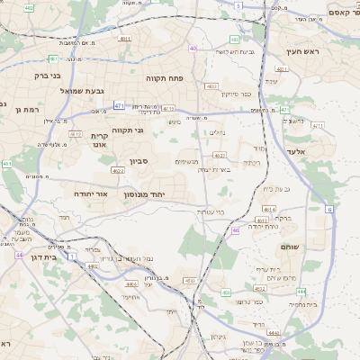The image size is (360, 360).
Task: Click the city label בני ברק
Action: point(47,76)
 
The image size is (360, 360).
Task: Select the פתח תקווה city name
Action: point(166,78)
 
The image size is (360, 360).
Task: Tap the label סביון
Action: point(139,161)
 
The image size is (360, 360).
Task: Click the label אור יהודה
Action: point(89,193)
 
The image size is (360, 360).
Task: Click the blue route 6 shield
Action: point(329,209)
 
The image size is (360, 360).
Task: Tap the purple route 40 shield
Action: point(193,48)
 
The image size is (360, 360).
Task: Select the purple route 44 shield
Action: point(18,255)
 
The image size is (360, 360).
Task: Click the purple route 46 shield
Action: point(236,230)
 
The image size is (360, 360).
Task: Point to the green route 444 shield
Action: point(301,291)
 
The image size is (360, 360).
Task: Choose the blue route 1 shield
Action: point(72,256)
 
